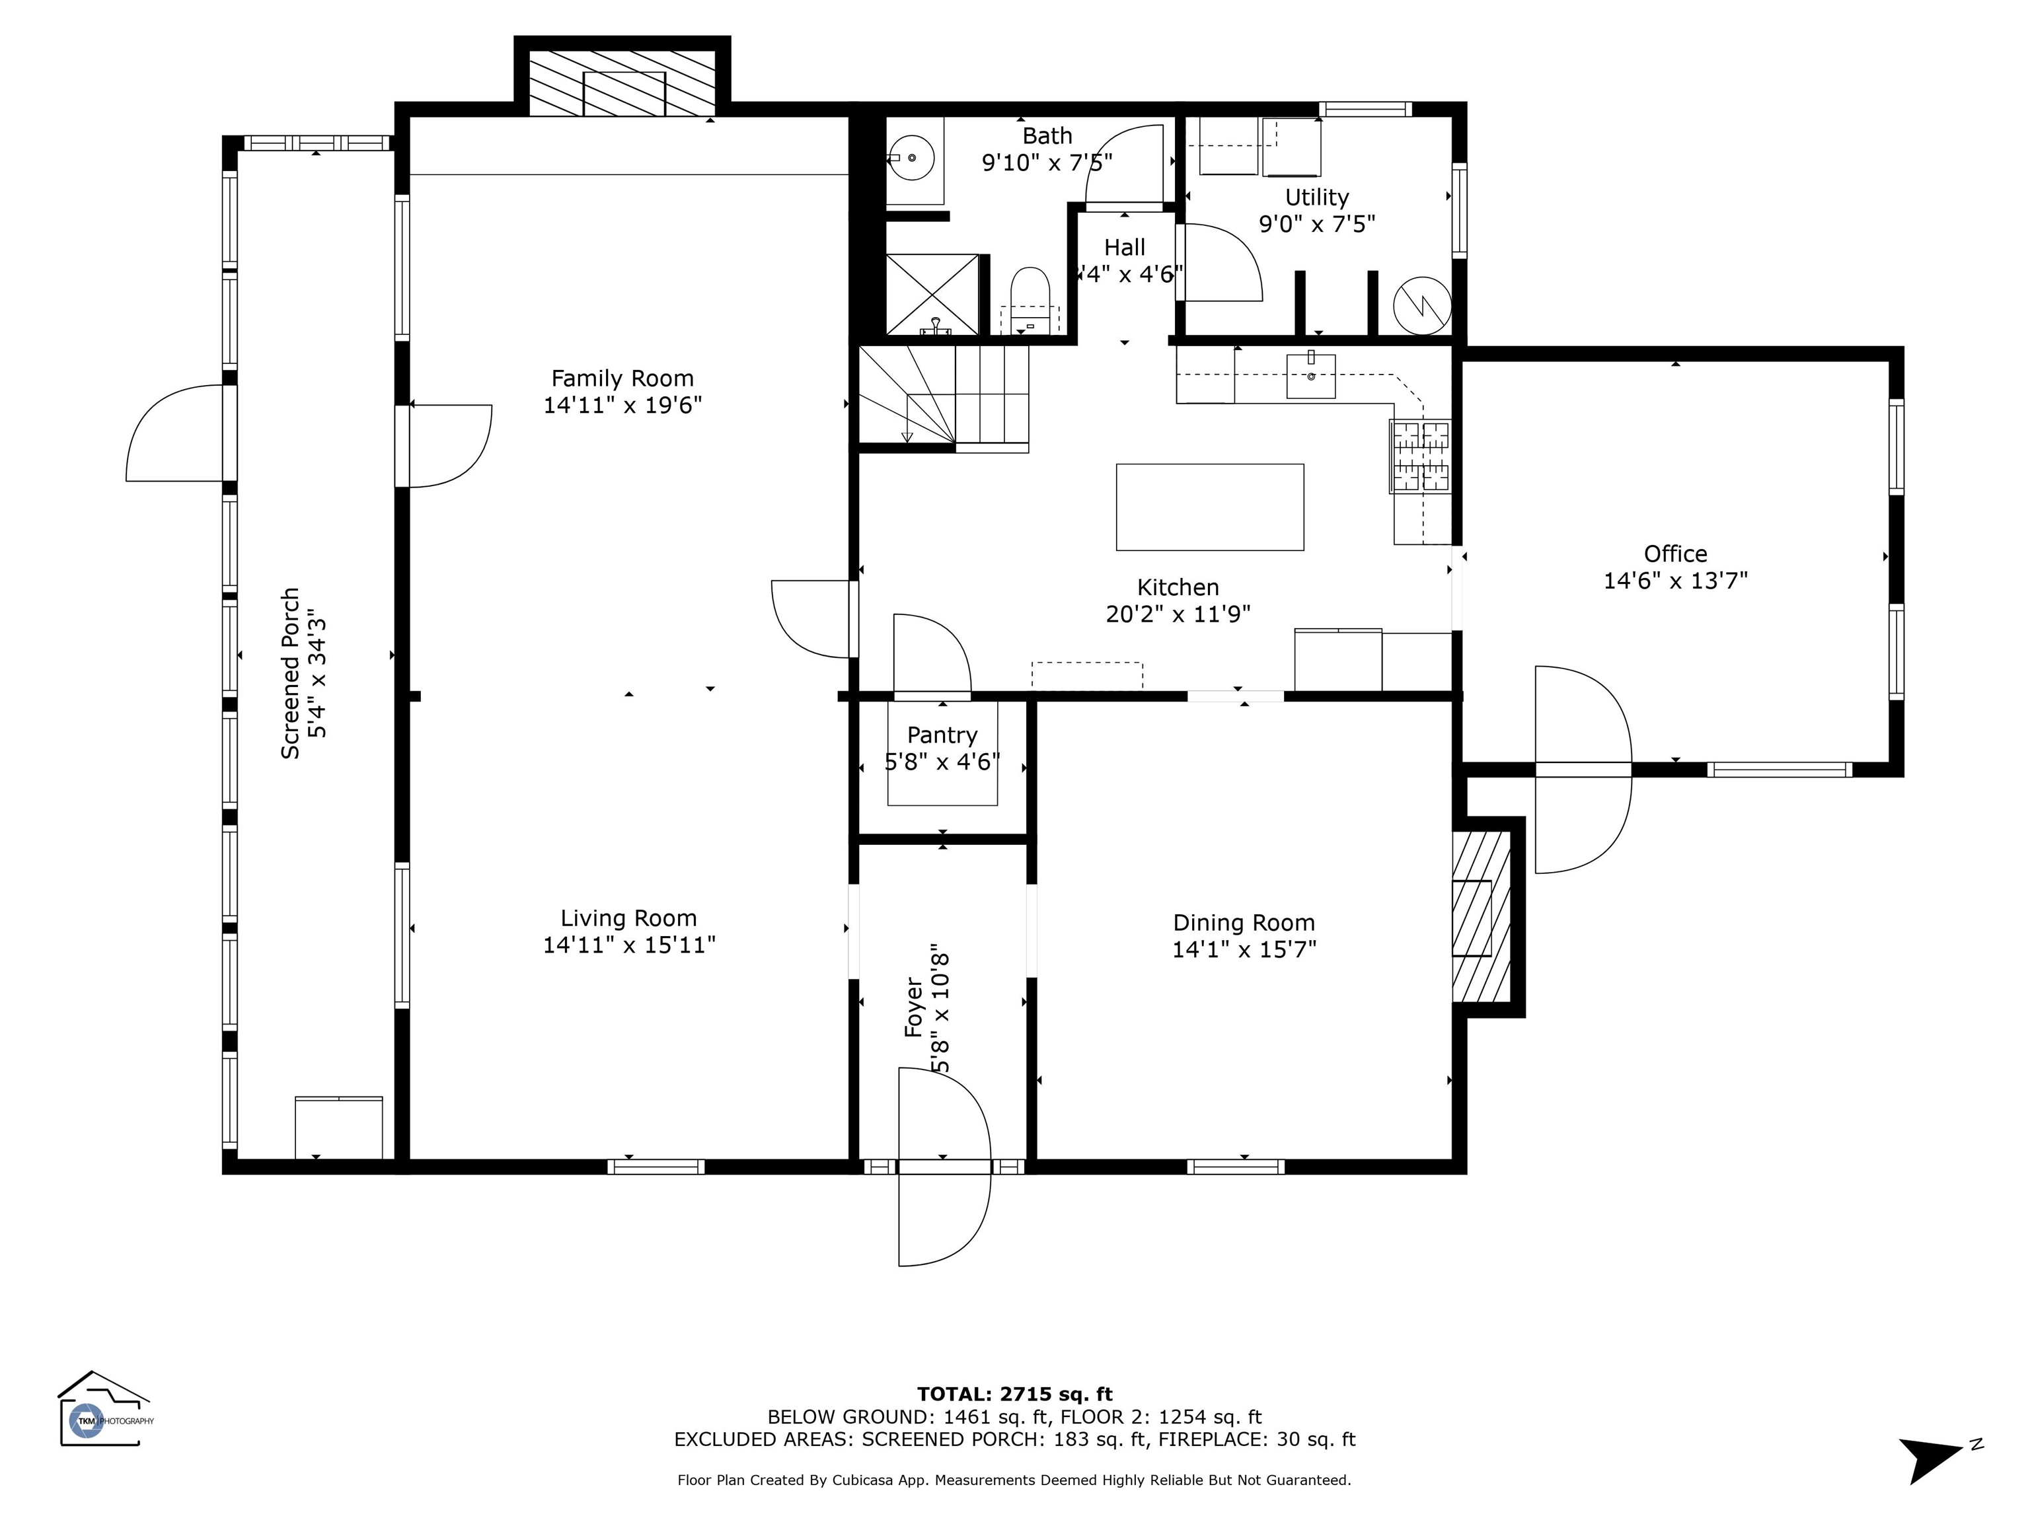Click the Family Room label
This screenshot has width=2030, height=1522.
[622, 378]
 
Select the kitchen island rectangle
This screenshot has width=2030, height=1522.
[1209, 507]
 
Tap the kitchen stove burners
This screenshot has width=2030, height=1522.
[1419, 455]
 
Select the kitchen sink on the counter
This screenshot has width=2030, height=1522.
[1310, 375]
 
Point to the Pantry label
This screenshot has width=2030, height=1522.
[942, 735]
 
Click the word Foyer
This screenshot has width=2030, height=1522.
[914, 1007]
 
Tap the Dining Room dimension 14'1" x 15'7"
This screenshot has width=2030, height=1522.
[1244, 949]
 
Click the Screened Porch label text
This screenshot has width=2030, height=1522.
[291, 673]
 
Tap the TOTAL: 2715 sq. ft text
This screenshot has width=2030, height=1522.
[1015, 1395]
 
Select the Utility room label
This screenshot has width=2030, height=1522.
[1317, 198]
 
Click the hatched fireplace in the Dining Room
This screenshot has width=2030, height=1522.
[1480, 918]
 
